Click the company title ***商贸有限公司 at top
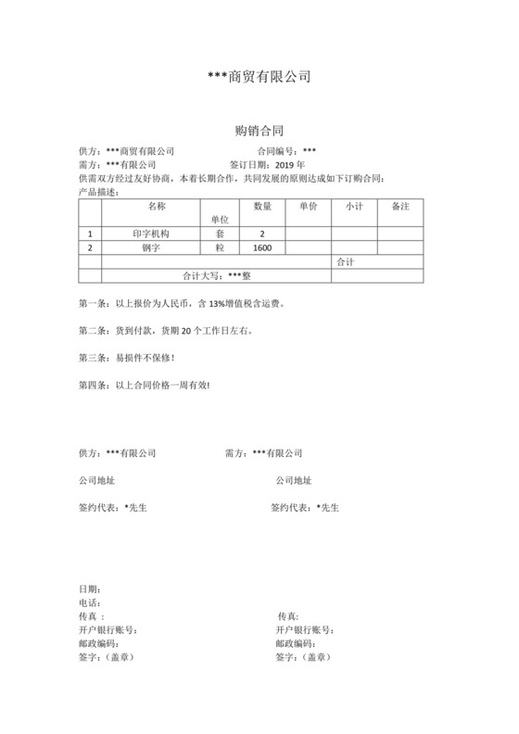point(259,77)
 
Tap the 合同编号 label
point(277,151)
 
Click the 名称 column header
point(156,206)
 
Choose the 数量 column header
point(262,206)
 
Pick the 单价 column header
point(309,206)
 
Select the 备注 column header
point(400,206)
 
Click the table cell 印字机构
point(152,234)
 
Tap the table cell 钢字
point(152,248)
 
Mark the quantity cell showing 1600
point(262,248)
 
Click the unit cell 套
point(220,234)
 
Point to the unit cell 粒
point(220,248)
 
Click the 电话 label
point(90,602)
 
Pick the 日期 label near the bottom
point(90,588)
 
